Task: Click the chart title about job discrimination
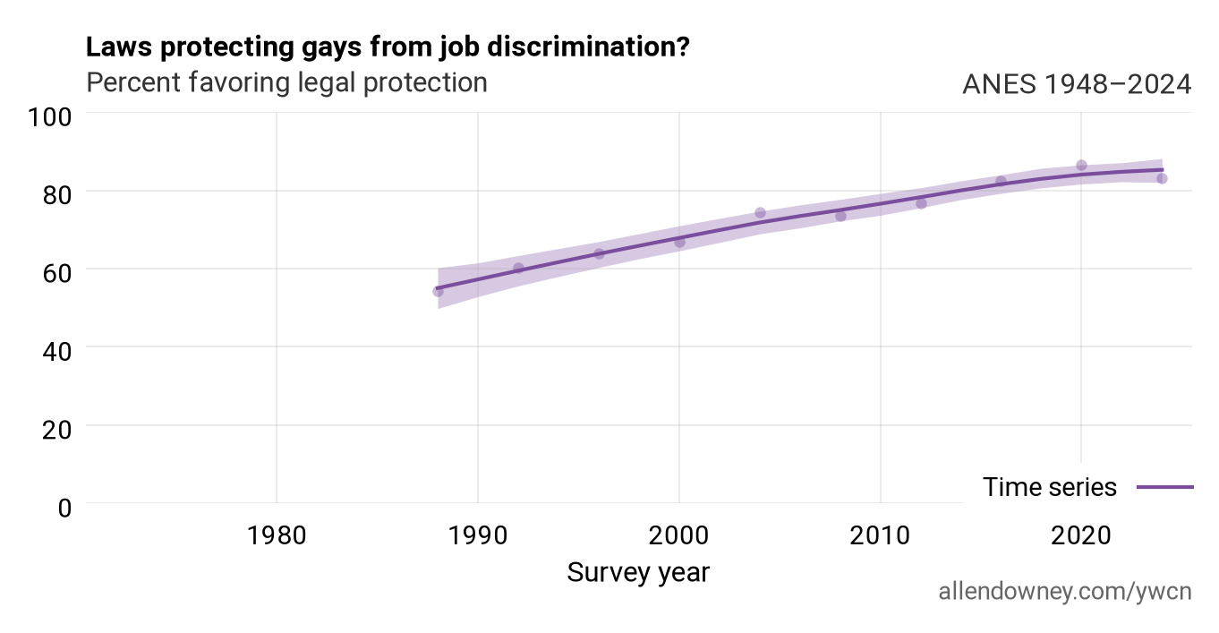pos(388,47)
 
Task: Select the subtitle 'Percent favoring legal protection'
pos(286,83)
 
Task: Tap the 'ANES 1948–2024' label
pos(1077,84)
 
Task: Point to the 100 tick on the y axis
pos(49,117)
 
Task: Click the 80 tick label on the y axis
pos(56,195)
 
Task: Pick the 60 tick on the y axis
pos(56,273)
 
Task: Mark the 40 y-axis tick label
pos(56,351)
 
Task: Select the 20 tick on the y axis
pos(56,430)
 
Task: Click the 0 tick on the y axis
pos(64,508)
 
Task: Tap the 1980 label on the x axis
pos(277,535)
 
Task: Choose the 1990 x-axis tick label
pos(478,535)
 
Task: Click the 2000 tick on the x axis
pos(678,535)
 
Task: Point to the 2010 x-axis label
pos(880,535)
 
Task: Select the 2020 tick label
pos(1081,535)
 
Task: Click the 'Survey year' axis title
pos(638,573)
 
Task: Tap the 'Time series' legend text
pos(1050,487)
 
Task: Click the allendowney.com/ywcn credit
pos(1065,592)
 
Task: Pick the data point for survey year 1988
pos(438,292)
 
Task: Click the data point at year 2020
pos(1081,166)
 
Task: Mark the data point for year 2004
pos(760,213)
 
